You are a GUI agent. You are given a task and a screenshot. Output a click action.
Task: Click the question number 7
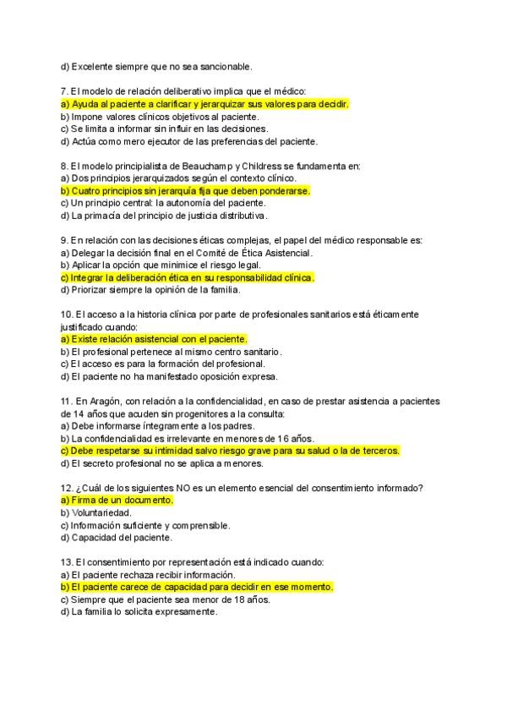[65, 91]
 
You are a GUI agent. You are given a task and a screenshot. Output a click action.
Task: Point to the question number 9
[65, 240]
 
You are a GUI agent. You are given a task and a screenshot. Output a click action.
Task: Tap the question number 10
[68, 315]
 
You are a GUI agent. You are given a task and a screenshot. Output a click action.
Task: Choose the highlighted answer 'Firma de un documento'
[117, 501]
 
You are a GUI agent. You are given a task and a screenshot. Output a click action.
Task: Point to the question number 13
[68, 561]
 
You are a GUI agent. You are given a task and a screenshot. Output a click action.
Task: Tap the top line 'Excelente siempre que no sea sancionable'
[156, 66]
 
